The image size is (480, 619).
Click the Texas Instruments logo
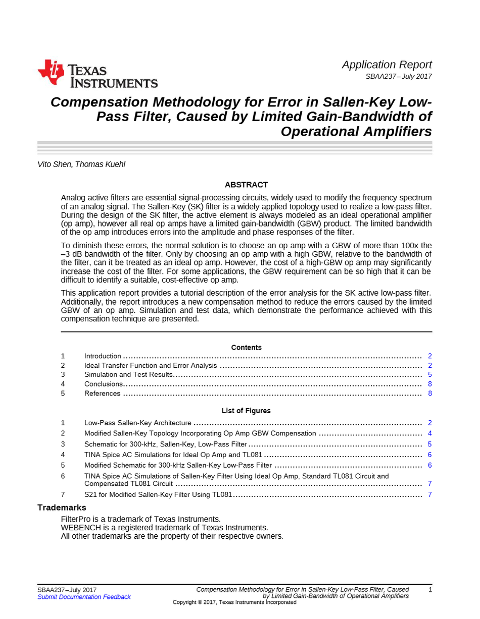pos(98,74)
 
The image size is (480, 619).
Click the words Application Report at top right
pos(387,65)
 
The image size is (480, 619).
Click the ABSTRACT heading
pos(246,185)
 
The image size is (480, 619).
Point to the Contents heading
pos(246,348)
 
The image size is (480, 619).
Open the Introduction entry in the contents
pos(103,356)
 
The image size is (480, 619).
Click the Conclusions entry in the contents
pos(103,384)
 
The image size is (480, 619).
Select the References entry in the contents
pos(102,393)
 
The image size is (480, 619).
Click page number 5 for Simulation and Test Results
pos(429,375)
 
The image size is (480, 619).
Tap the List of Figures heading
pos(246,411)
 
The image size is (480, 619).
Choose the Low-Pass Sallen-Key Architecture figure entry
pos(137,423)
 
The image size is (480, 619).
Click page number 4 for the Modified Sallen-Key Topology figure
pos(429,433)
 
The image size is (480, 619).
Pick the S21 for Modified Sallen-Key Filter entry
pos(158,494)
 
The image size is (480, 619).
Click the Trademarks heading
pos(62,508)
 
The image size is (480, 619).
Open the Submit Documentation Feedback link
pos(84,597)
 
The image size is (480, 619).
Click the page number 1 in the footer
pos(429,590)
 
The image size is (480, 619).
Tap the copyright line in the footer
pos(234,602)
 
